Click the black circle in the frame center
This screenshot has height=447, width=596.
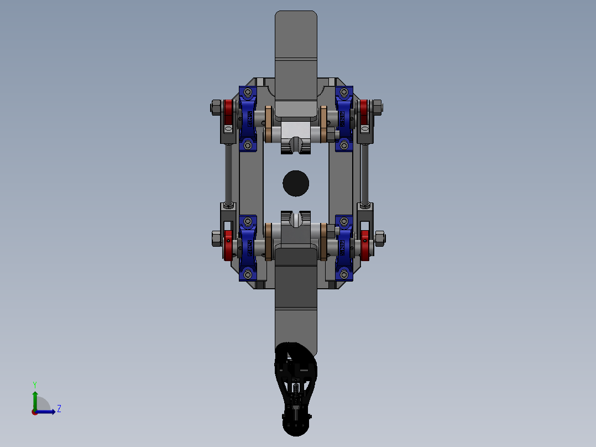[296, 183]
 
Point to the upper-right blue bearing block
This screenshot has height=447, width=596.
[344, 118]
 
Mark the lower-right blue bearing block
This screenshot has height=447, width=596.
[344, 247]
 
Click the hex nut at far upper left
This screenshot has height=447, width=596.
[215, 106]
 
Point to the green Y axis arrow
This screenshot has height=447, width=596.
[34, 396]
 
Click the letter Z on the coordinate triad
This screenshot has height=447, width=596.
[59, 409]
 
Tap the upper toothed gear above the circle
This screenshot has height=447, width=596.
[295, 146]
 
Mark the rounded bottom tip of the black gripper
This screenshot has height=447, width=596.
[296, 429]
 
